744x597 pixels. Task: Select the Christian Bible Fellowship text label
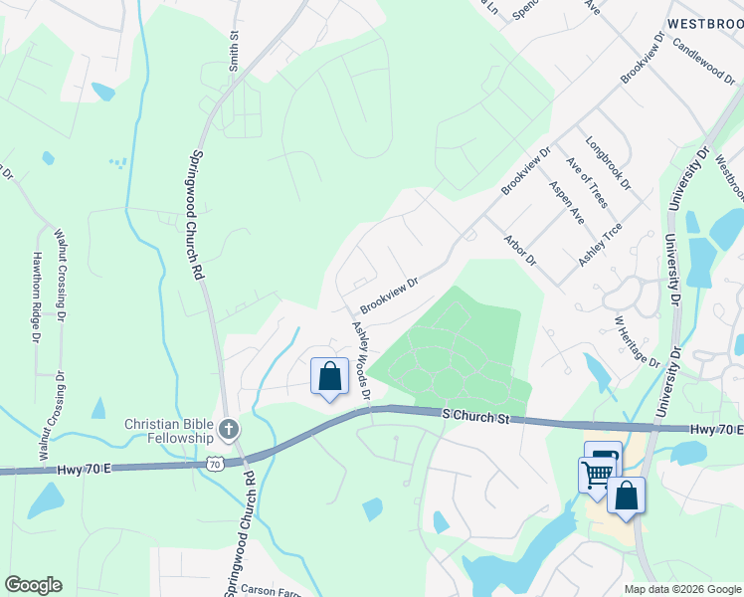tap(169, 431)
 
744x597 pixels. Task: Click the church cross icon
tap(229, 430)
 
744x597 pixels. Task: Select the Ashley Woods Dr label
tap(359, 361)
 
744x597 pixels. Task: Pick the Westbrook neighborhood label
tap(705, 22)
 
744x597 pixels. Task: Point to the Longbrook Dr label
tap(608, 163)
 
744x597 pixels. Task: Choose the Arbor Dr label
tap(520, 251)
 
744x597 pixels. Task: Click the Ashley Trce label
tap(600, 244)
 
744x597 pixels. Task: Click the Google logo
tap(33, 585)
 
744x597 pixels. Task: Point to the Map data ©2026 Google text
tap(681, 589)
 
